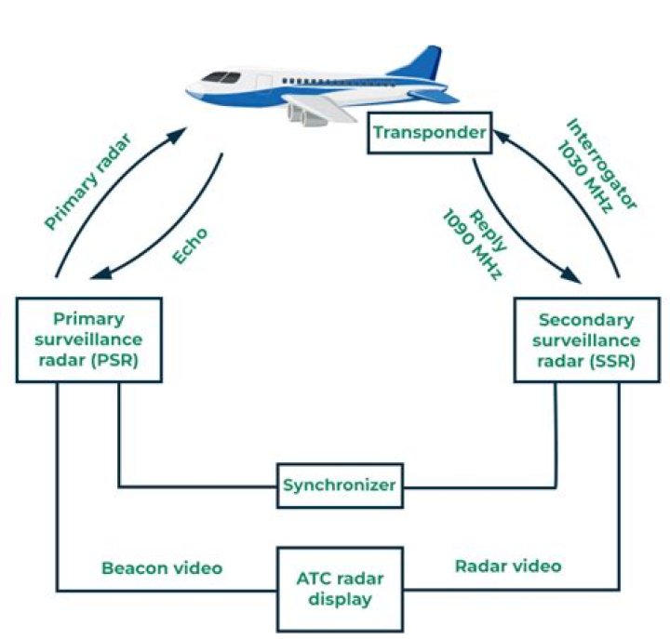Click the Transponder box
[429, 133]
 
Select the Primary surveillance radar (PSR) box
[89, 339]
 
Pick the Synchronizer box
[340, 486]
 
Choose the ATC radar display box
[340, 588]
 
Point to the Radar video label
[507, 566]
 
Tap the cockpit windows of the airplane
[217, 76]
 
